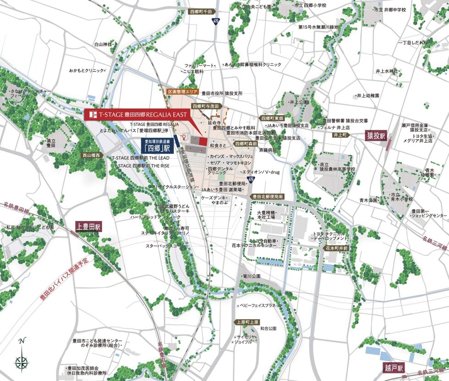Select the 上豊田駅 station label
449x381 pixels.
coord(88,226)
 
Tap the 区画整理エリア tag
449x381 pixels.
coord(182,91)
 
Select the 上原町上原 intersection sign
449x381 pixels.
coord(248,322)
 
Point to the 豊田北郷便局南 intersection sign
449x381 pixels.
coord(268,196)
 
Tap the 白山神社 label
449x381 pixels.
coord(103,44)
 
